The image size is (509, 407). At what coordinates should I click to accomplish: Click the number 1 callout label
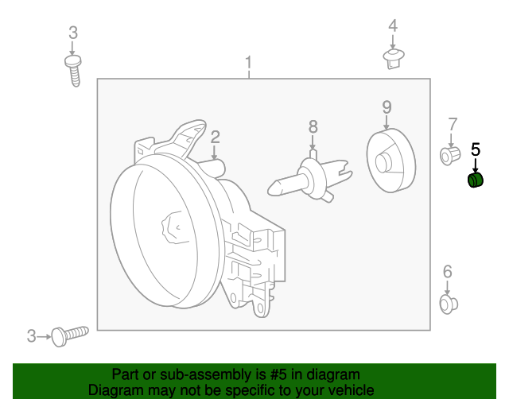click(248, 62)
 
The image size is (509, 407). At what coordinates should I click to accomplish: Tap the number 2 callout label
click(215, 137)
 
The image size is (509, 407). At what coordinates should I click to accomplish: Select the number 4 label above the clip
click(392, 26)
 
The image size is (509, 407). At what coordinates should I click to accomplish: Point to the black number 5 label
click(476, 149)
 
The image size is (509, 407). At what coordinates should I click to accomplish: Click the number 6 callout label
click(447, 272)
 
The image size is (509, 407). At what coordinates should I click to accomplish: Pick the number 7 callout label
click(452, 124)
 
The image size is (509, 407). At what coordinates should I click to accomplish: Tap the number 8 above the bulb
click(313, 126)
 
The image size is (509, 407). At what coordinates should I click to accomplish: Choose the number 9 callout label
click(387, 107)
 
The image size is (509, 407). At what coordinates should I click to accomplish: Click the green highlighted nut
click(475, 180)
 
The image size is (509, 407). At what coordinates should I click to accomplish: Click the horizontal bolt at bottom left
click(70, 335)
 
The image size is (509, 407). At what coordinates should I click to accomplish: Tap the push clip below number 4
click(392, 57)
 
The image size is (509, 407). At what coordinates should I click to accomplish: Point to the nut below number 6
click(447, 303)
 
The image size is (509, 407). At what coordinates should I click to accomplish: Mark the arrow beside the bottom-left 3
click(43, 337)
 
